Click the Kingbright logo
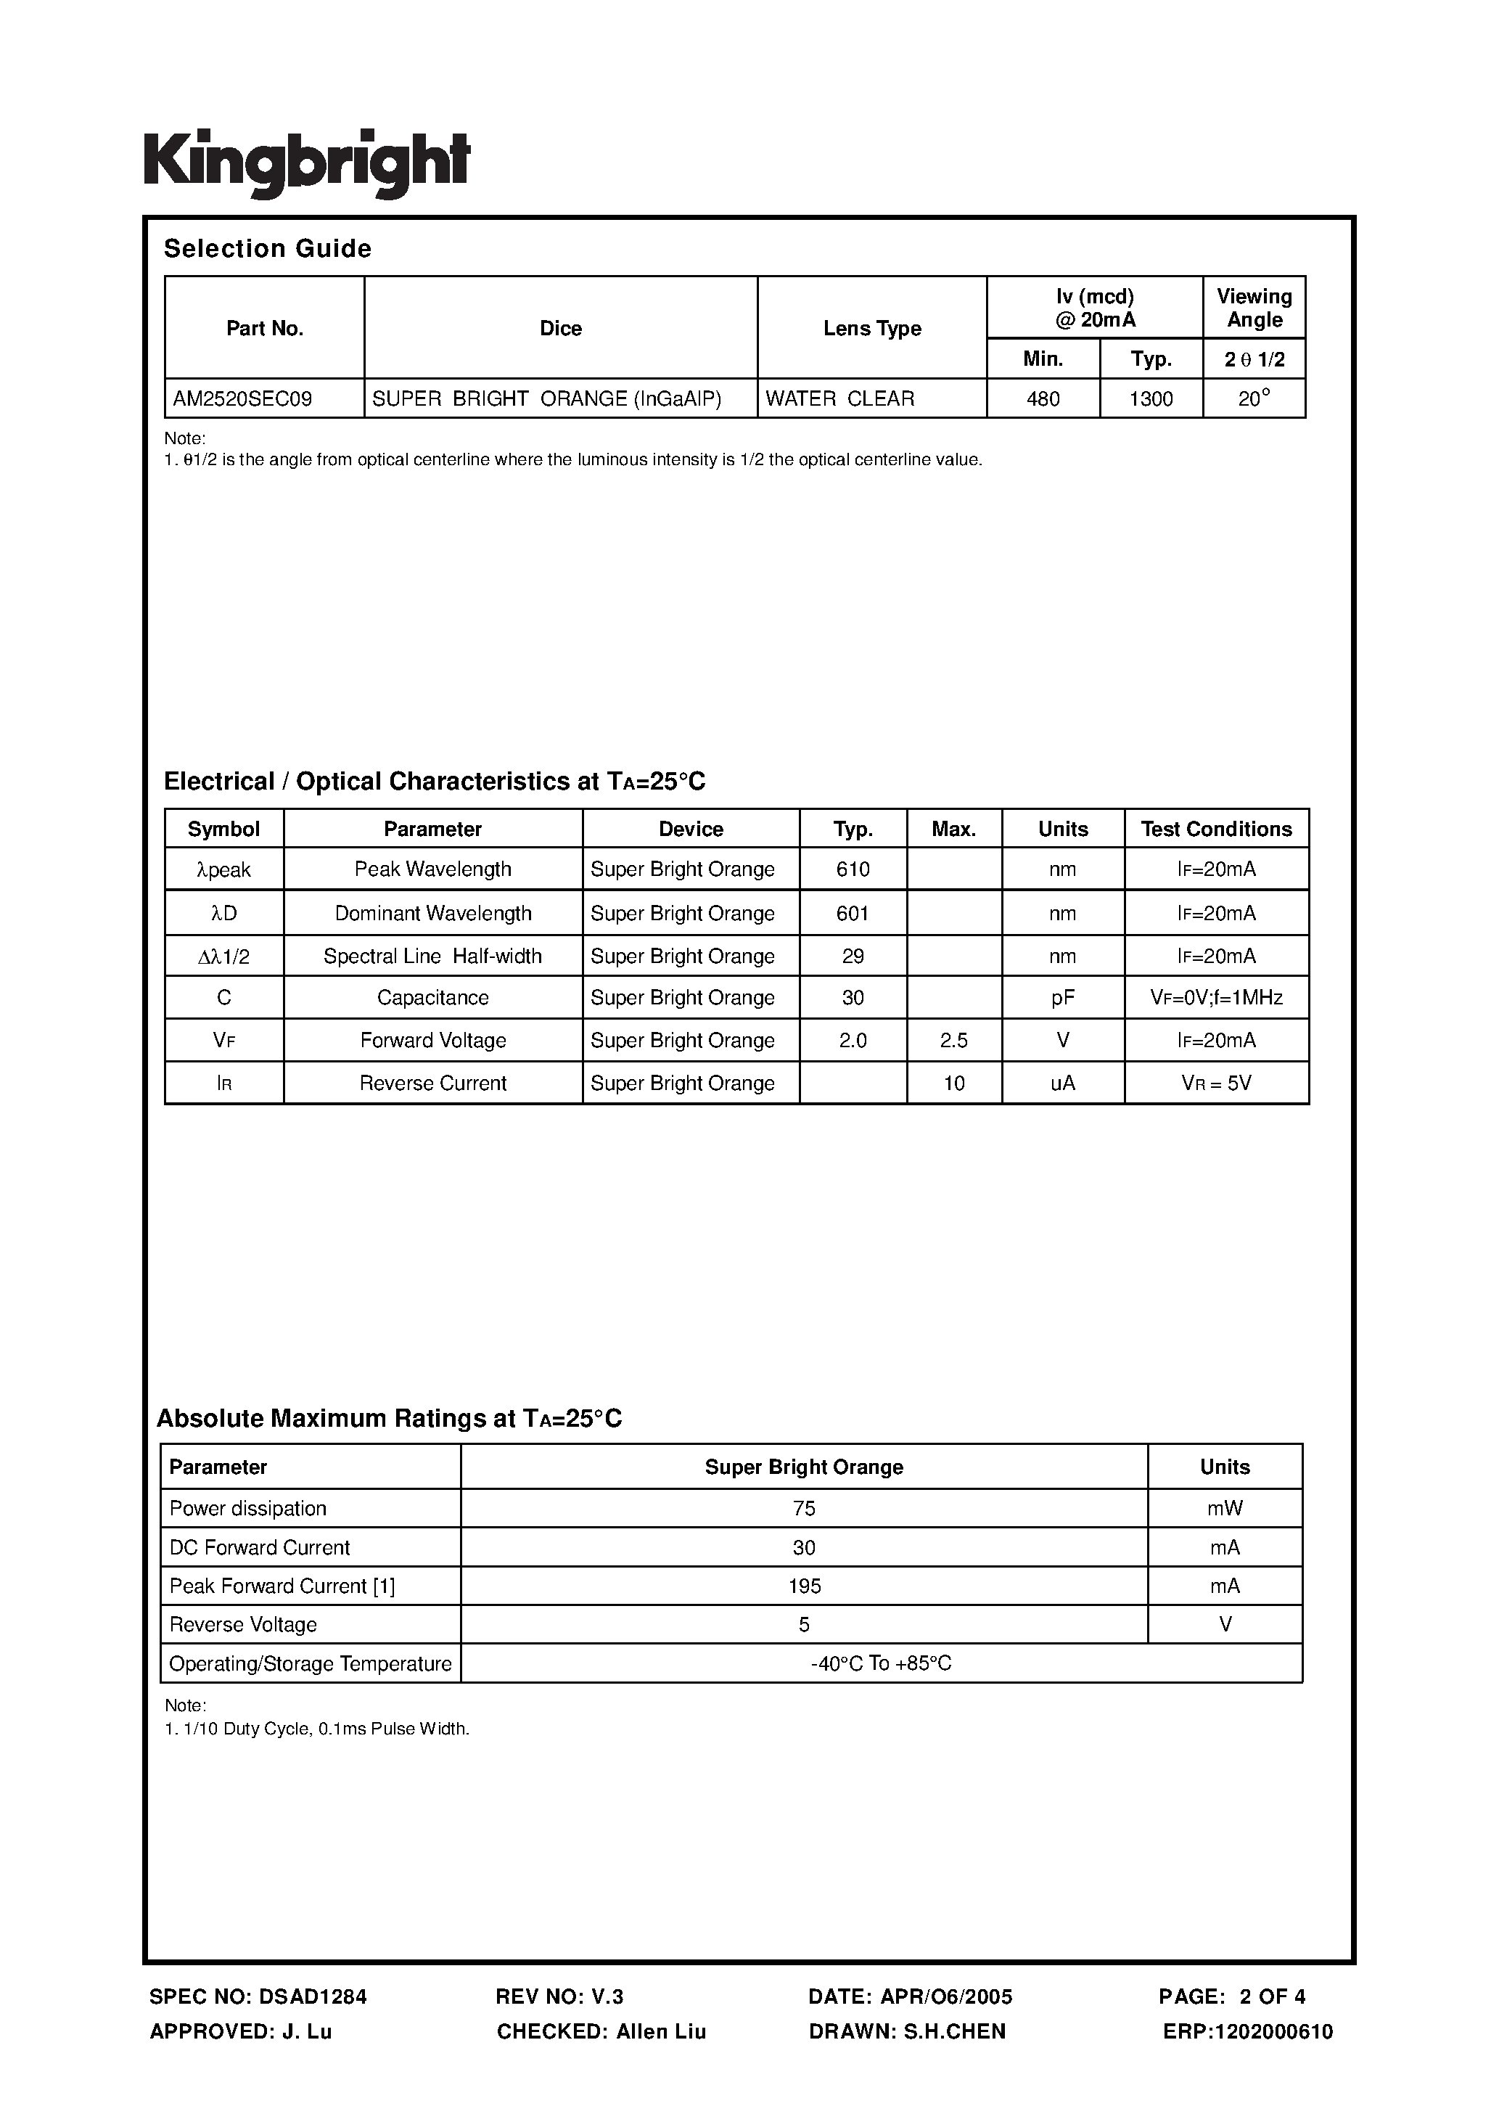tap(306, 163)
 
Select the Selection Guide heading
tap(267, 249)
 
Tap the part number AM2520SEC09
tap(242, 399)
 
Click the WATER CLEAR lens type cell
tap(839, 399)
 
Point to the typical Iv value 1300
tap(1151, 399)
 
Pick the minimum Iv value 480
tap(1043, 399)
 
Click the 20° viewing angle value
tap(1253, 398)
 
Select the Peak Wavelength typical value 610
tap(852, 869)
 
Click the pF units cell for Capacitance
tap(1062, 998)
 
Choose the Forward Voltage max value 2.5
tap(953, 1041)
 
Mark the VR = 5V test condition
tap(1215, 1083)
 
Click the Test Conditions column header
tap(1215, 829)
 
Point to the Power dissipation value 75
tap(803, 1508)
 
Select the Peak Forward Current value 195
tap(803, 1586)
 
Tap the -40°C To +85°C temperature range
tap(880, 1663)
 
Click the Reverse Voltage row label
tap(243, 1625)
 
